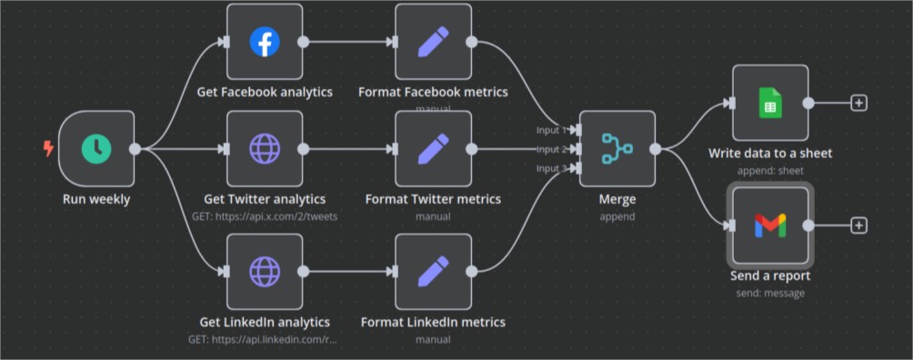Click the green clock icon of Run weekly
pos(95,149)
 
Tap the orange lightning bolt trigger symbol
pos(48,148)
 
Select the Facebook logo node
pos(265,42)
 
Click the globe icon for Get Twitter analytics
pos(265,148)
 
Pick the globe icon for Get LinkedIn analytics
pos(265,271)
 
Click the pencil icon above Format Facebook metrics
pos(433,42)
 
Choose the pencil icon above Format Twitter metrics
pos(433,148)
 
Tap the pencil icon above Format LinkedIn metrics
pos(433,271)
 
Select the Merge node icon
pos(617,148)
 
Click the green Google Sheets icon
pos(770,103)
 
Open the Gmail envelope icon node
pos(770,225)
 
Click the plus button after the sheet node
pos(858,103)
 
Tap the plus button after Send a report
pos(858,225)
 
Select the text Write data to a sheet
pos(770,153)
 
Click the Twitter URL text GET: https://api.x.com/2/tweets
pos(265,215)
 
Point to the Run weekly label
pos(95,199)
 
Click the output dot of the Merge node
pos(655,149)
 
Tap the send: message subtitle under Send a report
pos(770,293)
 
